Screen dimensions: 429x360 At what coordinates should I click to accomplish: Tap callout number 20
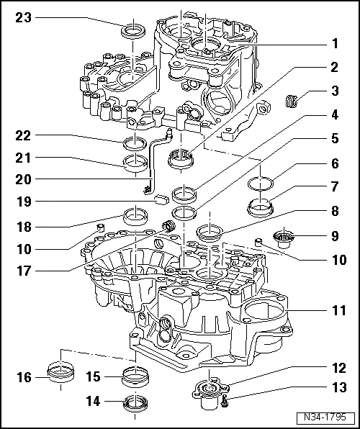point(20,179)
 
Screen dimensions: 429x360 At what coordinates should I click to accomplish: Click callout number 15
point(91,376)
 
